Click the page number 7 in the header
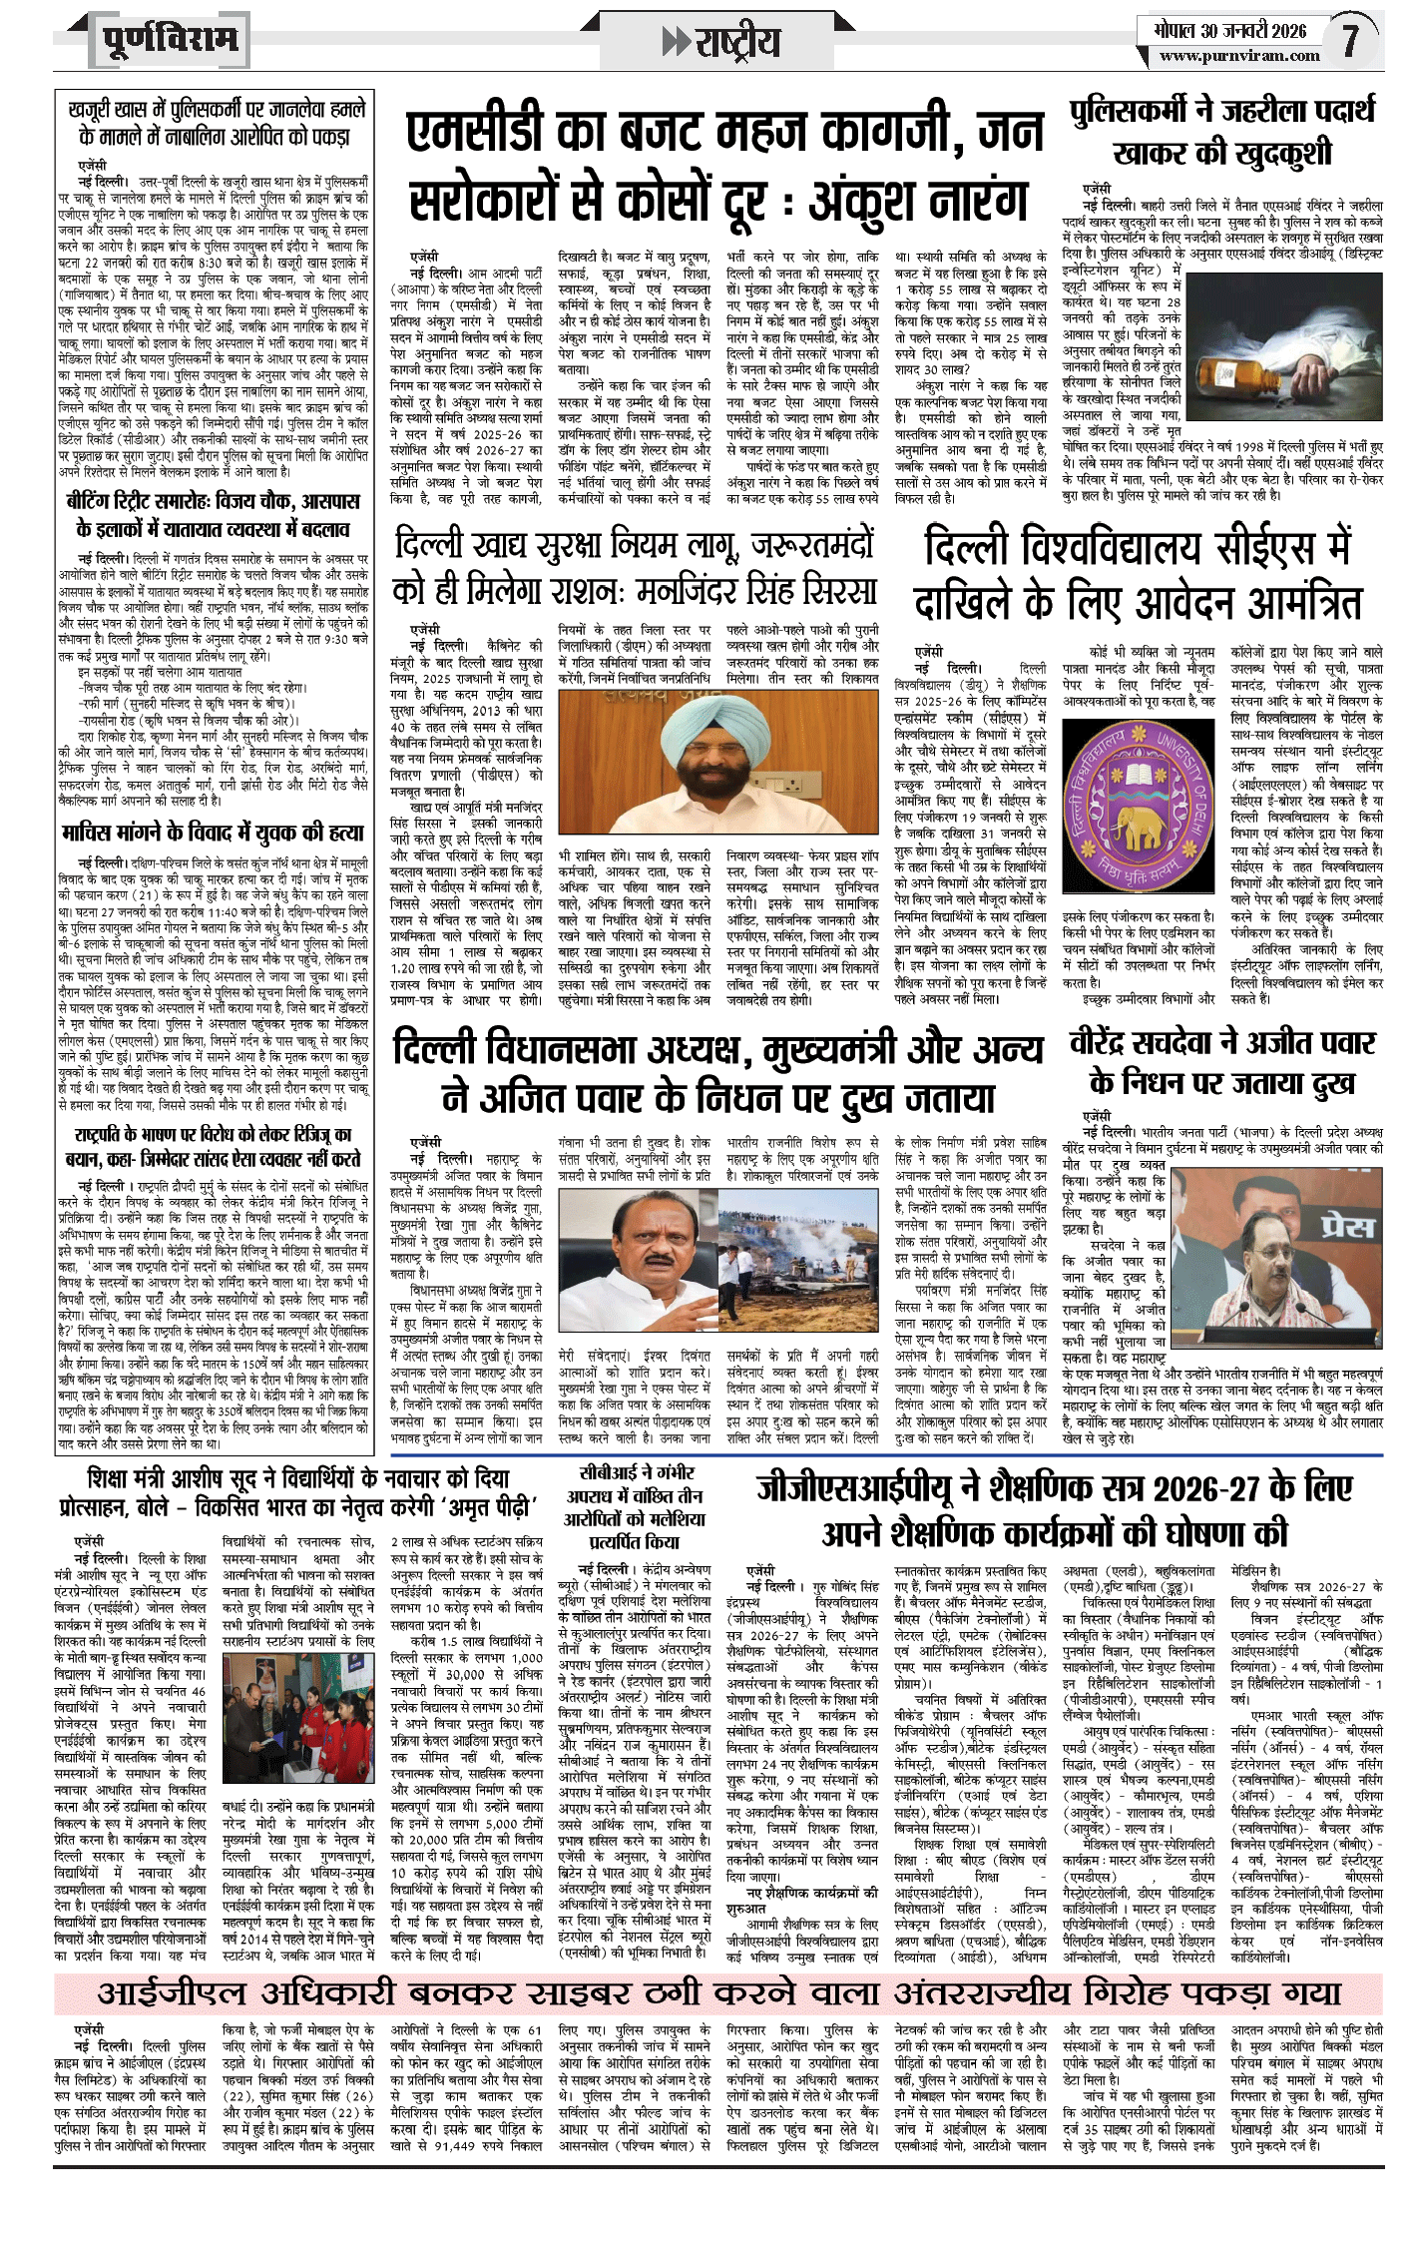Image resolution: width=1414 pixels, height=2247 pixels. [x=1350, y=40]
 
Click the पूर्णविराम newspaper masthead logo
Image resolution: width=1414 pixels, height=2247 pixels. [x=171, y=41]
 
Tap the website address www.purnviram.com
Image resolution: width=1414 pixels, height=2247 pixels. [x=1239, y=56]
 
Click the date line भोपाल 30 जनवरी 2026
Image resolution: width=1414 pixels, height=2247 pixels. [x=1225, y=30]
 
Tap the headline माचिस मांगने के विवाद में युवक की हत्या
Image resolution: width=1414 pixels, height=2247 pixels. [x=213, y=833]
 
